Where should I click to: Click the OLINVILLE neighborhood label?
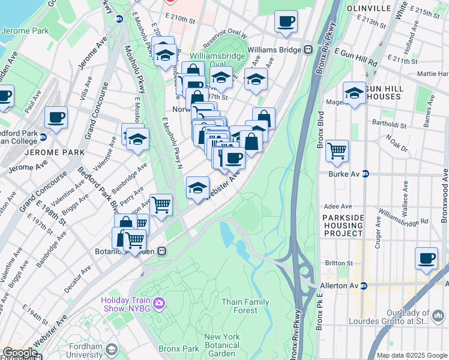coord(368,10)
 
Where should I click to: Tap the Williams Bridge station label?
coord(274,50)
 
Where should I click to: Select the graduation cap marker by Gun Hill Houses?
coord(355,94)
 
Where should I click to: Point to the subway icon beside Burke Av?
coord(366,175)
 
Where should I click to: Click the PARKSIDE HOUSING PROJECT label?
coord(343,225)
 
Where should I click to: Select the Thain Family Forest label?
coord(246,306)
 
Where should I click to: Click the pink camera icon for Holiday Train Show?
coord(159,302)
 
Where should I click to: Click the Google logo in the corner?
coord(19,353)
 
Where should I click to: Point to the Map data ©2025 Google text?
coord(412,355)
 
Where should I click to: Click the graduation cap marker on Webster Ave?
coord(198,188)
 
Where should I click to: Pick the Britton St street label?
coord(339,263)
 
